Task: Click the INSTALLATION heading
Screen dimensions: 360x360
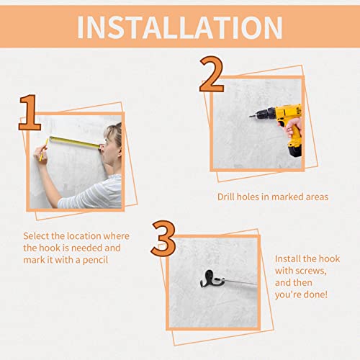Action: (x=180, y=27)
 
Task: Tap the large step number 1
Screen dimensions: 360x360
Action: (x=30, y=112)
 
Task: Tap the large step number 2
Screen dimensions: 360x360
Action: (x=212, y=74)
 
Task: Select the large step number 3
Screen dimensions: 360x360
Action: (x=163, y=238)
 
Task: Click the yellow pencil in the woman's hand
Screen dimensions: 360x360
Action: (x=44, y=150)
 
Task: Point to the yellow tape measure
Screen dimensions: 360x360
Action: (x=75, y=143)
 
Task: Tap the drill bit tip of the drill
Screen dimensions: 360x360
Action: (x=250, y=117)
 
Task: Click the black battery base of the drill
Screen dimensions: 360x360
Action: (x=294, y=150)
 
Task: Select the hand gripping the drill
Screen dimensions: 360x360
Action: (x=292, y=127)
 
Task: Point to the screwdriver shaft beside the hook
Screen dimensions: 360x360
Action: (x=240, y=282)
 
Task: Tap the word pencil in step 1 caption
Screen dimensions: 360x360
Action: (x=95, y=261)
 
